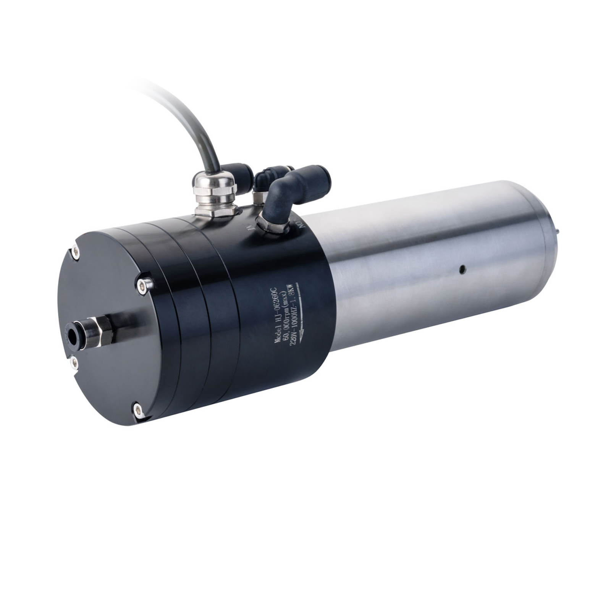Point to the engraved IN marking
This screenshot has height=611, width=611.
251,228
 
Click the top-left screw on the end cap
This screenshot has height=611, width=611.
76,252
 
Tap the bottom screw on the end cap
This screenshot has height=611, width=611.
138,410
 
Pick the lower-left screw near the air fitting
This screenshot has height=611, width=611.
74,362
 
